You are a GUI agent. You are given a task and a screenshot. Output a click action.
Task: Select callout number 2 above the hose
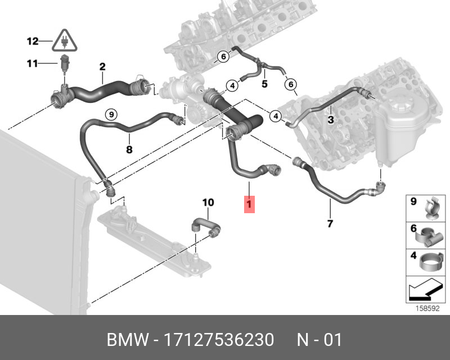point(102,67)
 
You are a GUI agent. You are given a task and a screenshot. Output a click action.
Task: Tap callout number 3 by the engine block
point(331,119)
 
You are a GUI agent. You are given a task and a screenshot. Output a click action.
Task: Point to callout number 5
point(264,84)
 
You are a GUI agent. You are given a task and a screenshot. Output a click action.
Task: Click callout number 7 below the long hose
point(330,224)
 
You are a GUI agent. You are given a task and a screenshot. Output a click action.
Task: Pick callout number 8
point(129,150)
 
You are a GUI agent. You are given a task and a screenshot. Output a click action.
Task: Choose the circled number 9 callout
point(111,114)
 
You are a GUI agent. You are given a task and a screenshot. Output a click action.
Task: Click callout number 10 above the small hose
point(208,202)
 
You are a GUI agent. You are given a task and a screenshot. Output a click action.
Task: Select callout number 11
point(31,64)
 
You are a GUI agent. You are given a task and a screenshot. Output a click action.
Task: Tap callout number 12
point(32,41)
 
